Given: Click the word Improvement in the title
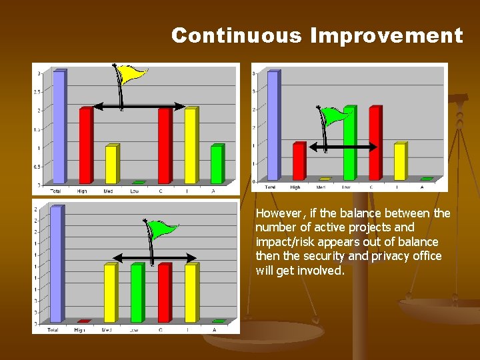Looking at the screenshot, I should pos(386,35).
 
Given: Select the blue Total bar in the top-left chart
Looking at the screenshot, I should pos(59,127).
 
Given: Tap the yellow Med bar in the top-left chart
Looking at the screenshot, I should pos(112,164).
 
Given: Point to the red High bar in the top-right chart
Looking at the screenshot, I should pos(298,161).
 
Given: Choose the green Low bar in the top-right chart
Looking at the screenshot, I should pos(349,143).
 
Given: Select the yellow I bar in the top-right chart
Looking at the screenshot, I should pos(399,161).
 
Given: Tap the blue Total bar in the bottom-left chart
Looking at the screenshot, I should pos(57,265).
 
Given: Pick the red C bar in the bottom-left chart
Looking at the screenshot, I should pos(164,293).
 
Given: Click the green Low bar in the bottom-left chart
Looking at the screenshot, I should pos(137,293).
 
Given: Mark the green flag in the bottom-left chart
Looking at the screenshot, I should pos(163,231).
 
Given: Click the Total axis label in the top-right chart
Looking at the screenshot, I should pos(271,187).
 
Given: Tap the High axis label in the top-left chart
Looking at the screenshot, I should pos(82,191).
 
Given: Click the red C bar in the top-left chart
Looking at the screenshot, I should pos(164,146).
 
